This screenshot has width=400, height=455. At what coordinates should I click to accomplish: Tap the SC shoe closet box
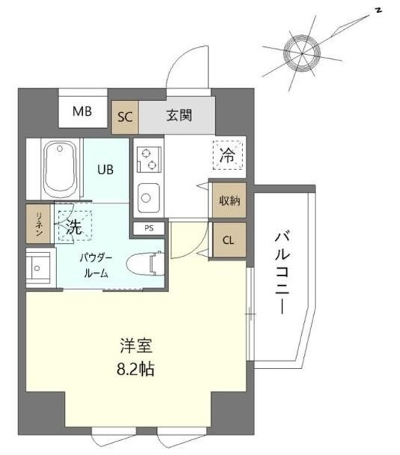[x=125, y=117]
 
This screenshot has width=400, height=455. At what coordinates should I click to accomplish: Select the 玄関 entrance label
[x=179, y=116]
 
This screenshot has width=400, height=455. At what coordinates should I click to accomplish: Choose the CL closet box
[x=228, y=240]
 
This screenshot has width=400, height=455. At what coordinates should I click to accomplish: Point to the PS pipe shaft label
[x=148, y=228]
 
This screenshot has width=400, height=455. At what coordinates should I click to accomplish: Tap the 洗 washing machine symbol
[x=75, y=227]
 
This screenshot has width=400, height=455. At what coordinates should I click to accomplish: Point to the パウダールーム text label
[x=96, y=264]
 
